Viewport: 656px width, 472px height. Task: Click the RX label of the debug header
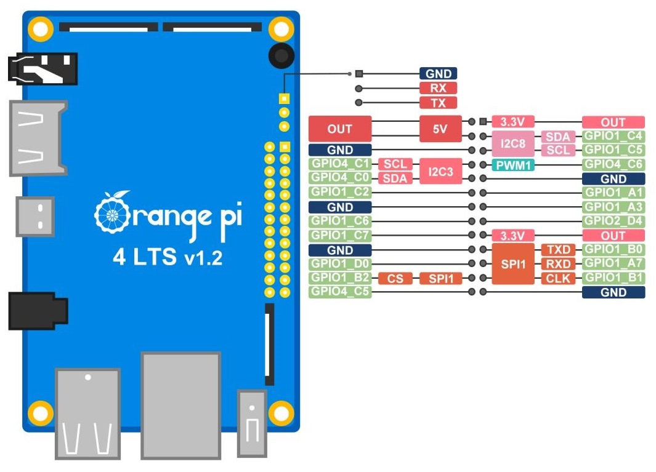point(438,88)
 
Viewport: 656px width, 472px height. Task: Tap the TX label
point(438,103)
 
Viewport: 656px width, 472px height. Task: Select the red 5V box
point(440,129)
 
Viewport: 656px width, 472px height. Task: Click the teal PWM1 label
point(513,165)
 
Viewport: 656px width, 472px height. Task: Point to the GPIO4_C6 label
point(613,164)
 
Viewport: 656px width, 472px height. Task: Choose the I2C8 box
point(513,143)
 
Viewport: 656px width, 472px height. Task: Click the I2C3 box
point(440,171)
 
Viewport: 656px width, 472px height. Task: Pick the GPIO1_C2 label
point(340,193)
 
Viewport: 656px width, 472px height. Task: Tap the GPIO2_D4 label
point(613,221)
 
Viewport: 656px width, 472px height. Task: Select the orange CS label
point(395,278)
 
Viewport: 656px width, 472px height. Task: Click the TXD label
point(558,250)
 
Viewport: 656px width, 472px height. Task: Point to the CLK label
point(558,278)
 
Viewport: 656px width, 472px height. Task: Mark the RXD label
point(558,264)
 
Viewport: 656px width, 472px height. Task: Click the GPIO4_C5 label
point(340,292)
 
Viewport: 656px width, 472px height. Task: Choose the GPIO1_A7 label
point(613,263)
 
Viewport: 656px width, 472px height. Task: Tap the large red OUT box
point(340,129)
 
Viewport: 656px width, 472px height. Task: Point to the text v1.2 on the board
point(203,258)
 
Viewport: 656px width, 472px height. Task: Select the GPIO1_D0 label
point(340,264)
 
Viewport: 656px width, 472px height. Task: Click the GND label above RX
point(438,74)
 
